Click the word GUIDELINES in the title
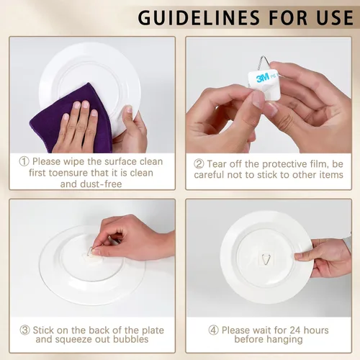coord(199,18)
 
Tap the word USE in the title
coord(335,18)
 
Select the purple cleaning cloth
coord(71,118)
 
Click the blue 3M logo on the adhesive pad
coord(263,78)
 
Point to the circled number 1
coord(24,161)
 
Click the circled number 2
coord(199,164)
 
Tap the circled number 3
coord(24,330)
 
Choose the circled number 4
coord(213,330)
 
